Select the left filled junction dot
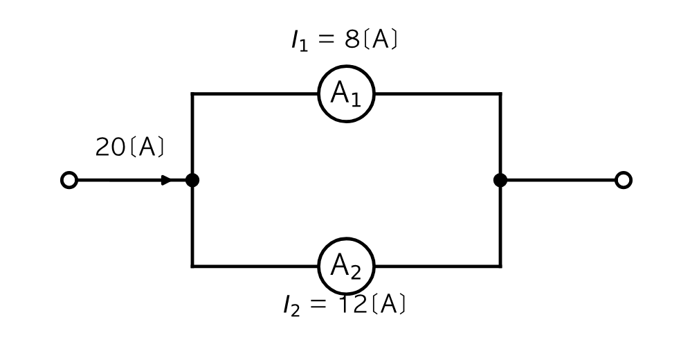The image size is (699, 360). point(192,180)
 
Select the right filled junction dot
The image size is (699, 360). point(500,180)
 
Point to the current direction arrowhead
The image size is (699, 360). point(167,180)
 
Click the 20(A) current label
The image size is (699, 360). point(129,147)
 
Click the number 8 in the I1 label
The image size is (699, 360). point(352,39)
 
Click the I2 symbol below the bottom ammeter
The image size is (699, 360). point(291,306)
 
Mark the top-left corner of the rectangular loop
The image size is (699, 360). point(192,93)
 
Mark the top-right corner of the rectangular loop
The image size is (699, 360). point(500,93)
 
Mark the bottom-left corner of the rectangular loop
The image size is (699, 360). point(192,267)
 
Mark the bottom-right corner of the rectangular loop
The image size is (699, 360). point(500,267)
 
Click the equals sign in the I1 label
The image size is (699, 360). point(326,39)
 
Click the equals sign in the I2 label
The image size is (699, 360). point(318,304)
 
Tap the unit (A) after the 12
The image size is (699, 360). point(388,304)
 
